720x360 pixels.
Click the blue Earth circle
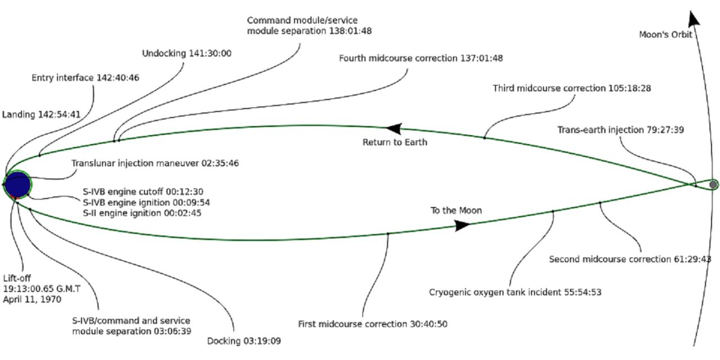point(17,184)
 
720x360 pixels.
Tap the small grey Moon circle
point(713,184)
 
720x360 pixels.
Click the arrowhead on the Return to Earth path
point(394,129)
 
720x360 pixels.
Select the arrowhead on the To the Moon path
point(462,225)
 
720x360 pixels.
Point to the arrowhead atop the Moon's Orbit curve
point(695,15)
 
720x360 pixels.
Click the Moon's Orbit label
point(665,34)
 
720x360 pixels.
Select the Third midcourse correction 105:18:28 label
point(572,88)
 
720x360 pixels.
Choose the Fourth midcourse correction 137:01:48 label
point(421,58)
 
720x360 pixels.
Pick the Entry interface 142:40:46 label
point(85,78)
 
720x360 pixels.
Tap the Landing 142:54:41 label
point(42,114)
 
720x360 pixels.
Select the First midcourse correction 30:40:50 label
point(372,324)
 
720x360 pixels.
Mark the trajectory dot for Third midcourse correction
point(484,137)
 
